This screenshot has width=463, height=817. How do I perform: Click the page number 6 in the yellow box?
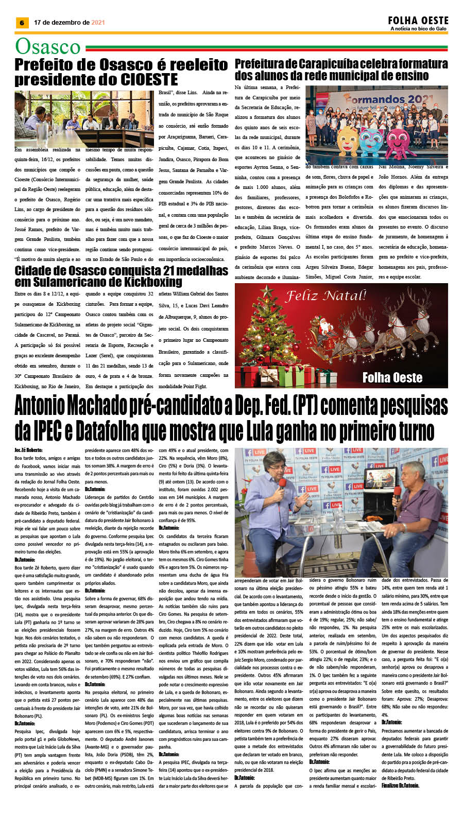22,23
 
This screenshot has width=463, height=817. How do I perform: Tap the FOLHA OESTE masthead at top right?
418,21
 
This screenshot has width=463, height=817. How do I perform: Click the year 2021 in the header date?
98,23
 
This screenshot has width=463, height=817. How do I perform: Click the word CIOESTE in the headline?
149,80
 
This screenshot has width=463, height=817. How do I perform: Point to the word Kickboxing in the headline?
153,282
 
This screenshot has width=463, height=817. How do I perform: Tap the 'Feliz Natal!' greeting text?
325,296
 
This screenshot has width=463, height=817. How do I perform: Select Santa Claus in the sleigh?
325,325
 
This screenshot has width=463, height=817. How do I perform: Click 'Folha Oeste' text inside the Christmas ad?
392,377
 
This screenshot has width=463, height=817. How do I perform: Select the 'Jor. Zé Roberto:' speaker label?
28,450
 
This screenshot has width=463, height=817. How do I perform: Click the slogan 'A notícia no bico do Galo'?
418,29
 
